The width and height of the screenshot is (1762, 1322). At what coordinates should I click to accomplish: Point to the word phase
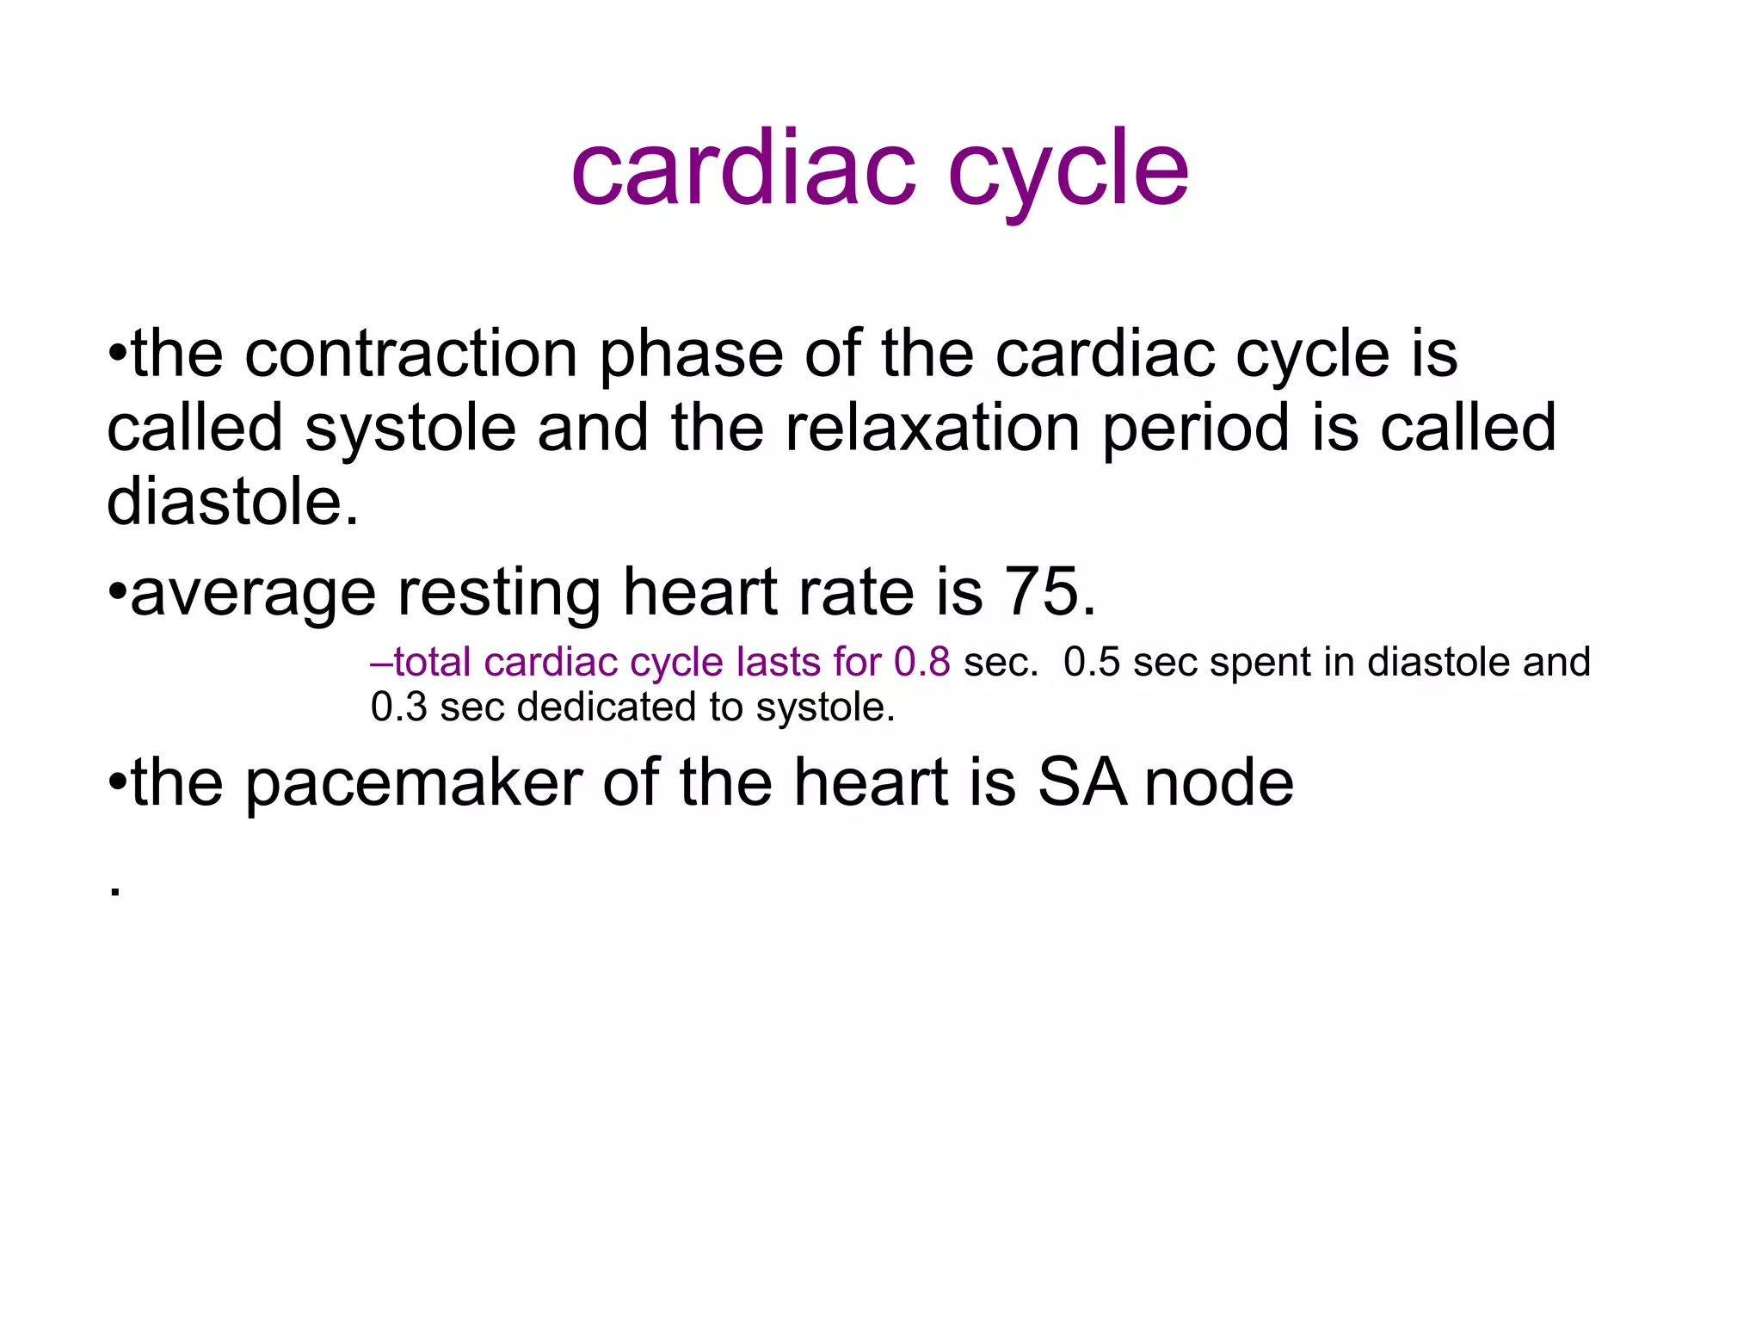pos(691,355)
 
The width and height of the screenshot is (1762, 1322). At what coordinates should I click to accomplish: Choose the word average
pos(253,594)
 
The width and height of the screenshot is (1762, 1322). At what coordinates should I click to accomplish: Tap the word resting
pos(499,594)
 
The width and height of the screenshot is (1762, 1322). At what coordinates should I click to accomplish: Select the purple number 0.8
pos(921,662)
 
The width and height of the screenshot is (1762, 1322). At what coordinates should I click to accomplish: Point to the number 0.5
pos(1092,662)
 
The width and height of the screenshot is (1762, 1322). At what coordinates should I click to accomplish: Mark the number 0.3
pos(398,707)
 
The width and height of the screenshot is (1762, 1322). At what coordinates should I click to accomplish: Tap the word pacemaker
pos(414,783)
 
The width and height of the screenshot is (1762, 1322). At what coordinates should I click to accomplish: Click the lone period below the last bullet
pos(115,893)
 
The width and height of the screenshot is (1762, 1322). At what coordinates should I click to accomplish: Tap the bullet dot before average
pos(117,592)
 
